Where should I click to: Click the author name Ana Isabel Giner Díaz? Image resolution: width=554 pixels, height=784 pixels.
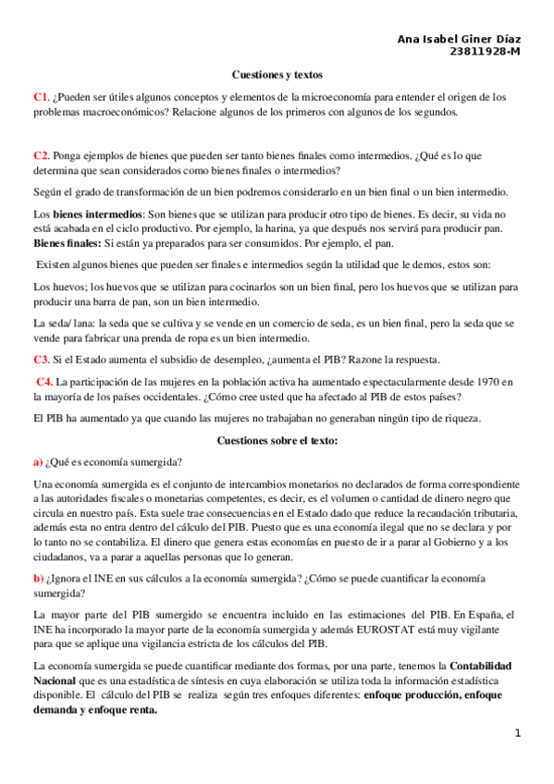(x=458, y=40)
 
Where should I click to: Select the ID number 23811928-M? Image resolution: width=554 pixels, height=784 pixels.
(x=484, y=53)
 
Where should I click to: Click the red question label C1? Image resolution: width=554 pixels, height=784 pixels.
(x=40, y=96)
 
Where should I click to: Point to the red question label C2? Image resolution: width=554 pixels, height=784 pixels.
(x=40, y=155)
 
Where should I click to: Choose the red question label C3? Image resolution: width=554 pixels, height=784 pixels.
(x=41, y=360)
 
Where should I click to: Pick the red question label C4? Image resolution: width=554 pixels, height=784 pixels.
(x=43, y=382)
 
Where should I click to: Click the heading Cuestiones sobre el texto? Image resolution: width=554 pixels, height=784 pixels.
(x=277, y=441)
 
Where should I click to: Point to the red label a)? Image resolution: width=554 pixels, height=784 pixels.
(x=38, y=462)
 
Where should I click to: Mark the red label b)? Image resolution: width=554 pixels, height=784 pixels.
(x=38, y=578)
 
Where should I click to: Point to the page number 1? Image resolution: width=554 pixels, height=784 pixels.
(x=518, y=733)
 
